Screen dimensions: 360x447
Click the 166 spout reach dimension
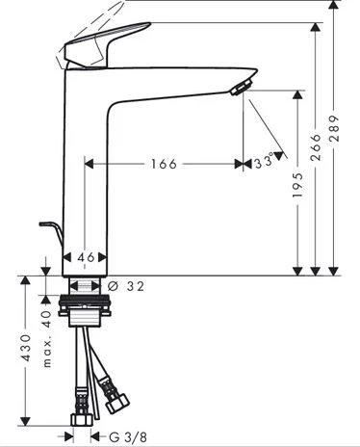click(x=164, y=164)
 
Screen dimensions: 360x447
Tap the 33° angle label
click(x=265, y=162)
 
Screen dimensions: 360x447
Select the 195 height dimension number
click(x=298, y=185)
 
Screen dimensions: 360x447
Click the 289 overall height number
click(x=334, y=128)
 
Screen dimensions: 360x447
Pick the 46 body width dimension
click(x=86, y=257)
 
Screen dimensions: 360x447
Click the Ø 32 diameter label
click(x=126, y=286)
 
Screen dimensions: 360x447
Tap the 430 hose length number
click(x=25, y=348)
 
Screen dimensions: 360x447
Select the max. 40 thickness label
click(x=47, y=339)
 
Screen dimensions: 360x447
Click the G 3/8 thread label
click(x=128, y=436)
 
